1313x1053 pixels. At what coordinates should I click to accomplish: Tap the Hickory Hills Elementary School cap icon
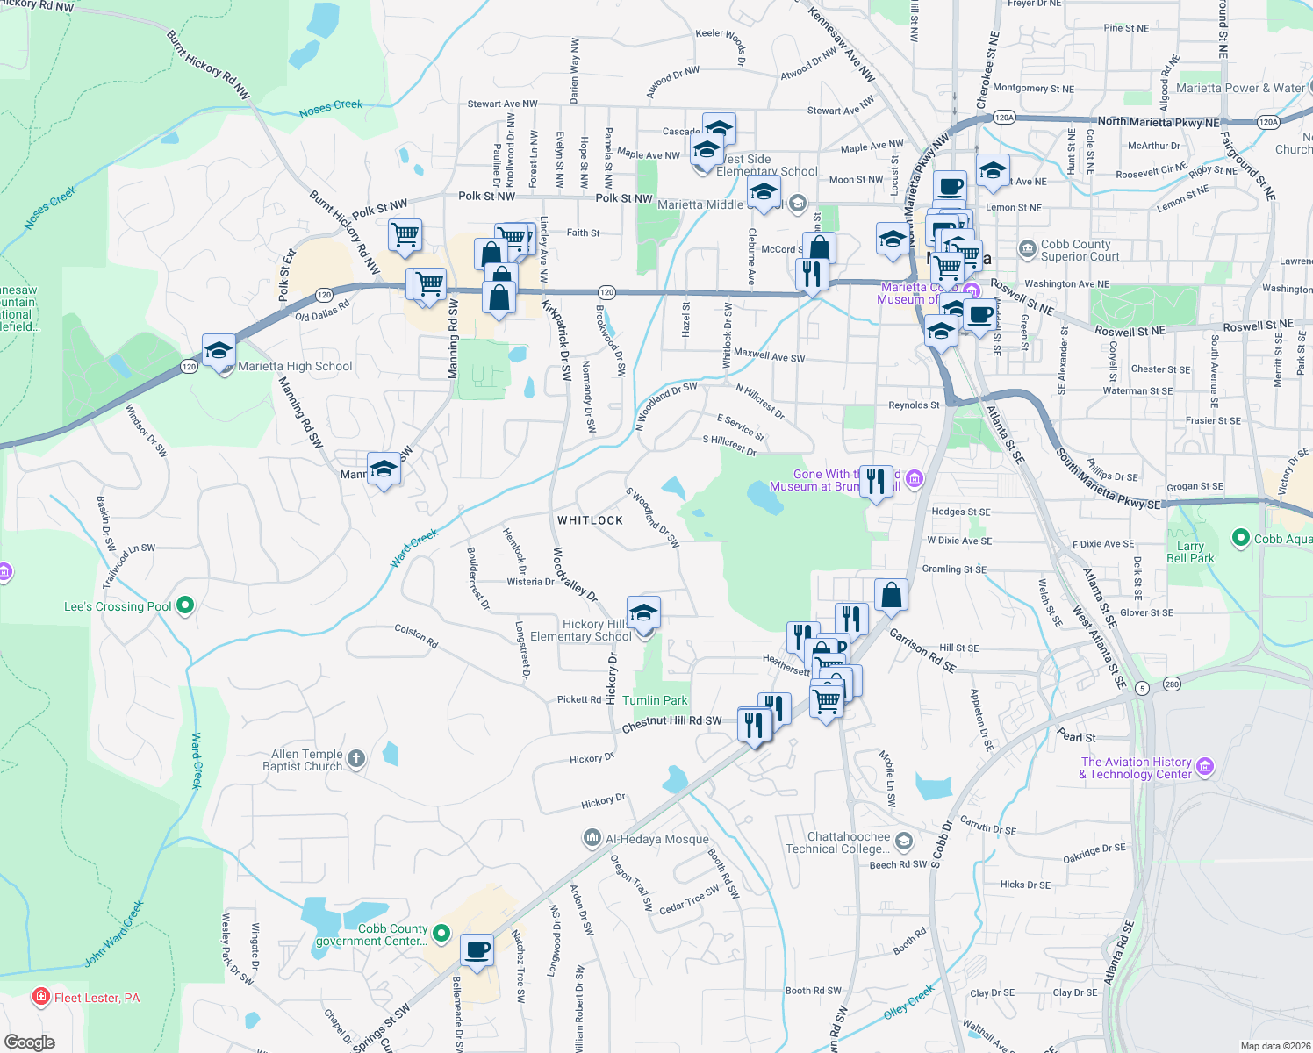[x=643, y=612]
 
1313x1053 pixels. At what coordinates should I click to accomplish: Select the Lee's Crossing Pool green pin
[x=185, y=605]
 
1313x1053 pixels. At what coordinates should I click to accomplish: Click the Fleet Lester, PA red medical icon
[x=40, y=997]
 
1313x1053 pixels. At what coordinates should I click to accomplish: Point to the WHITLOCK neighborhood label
[x=590, y=520]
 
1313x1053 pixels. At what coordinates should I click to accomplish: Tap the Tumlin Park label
[x=655, y=700]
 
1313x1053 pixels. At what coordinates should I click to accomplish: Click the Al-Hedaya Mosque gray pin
[x=592, y=839]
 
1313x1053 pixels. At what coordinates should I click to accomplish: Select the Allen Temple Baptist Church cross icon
[x=355, y=759]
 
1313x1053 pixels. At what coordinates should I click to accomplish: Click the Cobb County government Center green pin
[x=441, y=935]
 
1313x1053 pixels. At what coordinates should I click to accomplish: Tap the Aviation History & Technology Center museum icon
[x=1205, y=768]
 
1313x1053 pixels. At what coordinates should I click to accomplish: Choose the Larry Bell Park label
[x=1190, y=552]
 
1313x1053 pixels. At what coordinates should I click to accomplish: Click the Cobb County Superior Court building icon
[x=1027, y=250]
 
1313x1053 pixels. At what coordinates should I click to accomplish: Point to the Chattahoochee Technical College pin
[x=904, y=842]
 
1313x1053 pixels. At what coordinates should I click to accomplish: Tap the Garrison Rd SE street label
[x=922, y=650]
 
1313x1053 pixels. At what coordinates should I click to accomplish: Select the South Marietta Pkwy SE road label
[x=1109, y=481]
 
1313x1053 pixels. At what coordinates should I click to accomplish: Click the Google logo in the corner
[x=30, y=1042]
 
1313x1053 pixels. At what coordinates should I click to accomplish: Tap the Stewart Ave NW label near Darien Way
[x=502, y=104]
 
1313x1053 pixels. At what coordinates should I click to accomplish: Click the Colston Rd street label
[x=416, y=636]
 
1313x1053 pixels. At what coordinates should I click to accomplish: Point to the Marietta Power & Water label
[x=1240, y=88]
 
